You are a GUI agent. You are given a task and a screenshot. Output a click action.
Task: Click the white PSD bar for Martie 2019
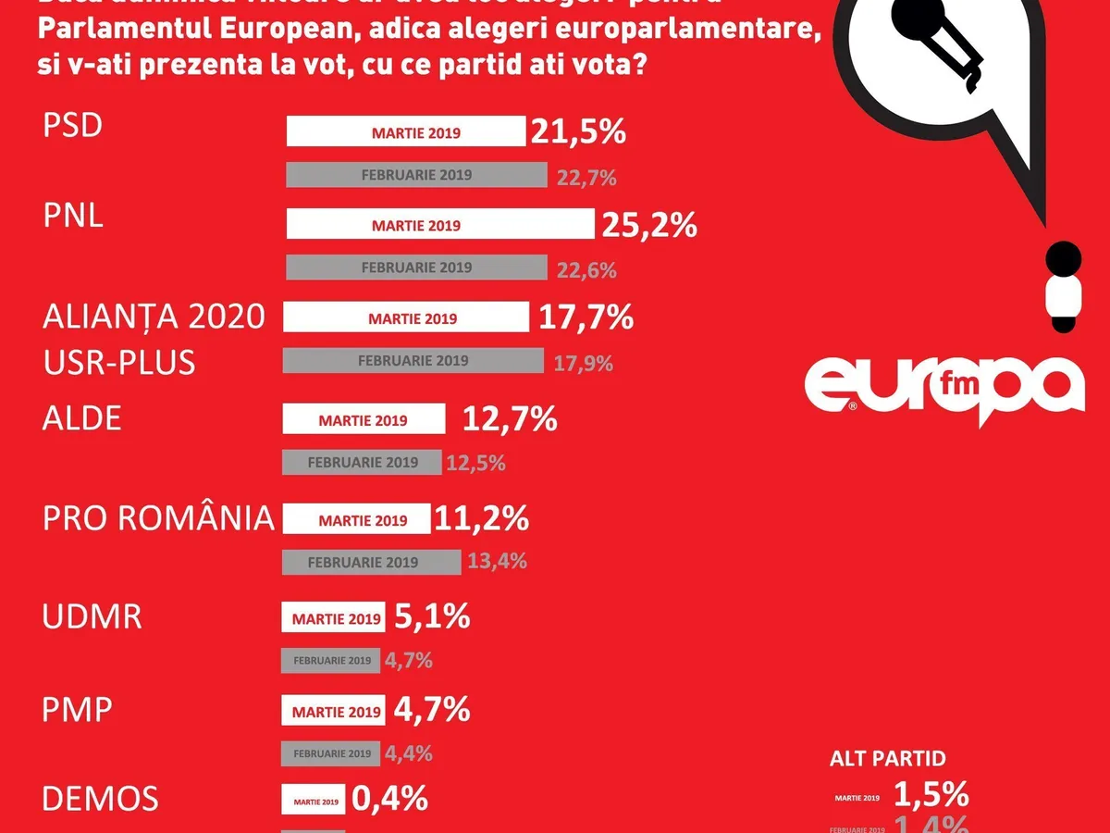click(405, 132)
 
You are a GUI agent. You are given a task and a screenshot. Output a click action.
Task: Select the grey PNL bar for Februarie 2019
click(416, 267)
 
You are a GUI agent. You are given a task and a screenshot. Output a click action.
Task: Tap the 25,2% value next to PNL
click(648, 225)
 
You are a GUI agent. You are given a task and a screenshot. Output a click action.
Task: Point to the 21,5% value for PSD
click(578, 132)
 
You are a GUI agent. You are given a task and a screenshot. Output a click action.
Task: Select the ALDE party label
click(82, 418)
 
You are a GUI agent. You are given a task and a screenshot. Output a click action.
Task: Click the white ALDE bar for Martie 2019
click(364, 420)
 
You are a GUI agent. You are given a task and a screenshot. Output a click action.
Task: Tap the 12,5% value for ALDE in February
click(475, 463)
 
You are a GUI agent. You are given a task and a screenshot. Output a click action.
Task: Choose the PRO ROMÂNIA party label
click(158, 518)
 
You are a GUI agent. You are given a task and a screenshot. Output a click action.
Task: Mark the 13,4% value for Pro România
click(497, 561)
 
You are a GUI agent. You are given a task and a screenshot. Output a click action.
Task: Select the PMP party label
click(78, 710)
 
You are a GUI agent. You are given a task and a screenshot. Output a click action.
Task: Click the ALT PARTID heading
click(887, 759)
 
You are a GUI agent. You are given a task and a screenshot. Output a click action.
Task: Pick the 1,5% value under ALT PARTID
click(931, 794)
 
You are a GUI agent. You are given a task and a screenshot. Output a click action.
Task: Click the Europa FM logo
click(943, 386)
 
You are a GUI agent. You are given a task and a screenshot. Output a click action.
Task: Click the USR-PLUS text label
click(119, 362)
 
